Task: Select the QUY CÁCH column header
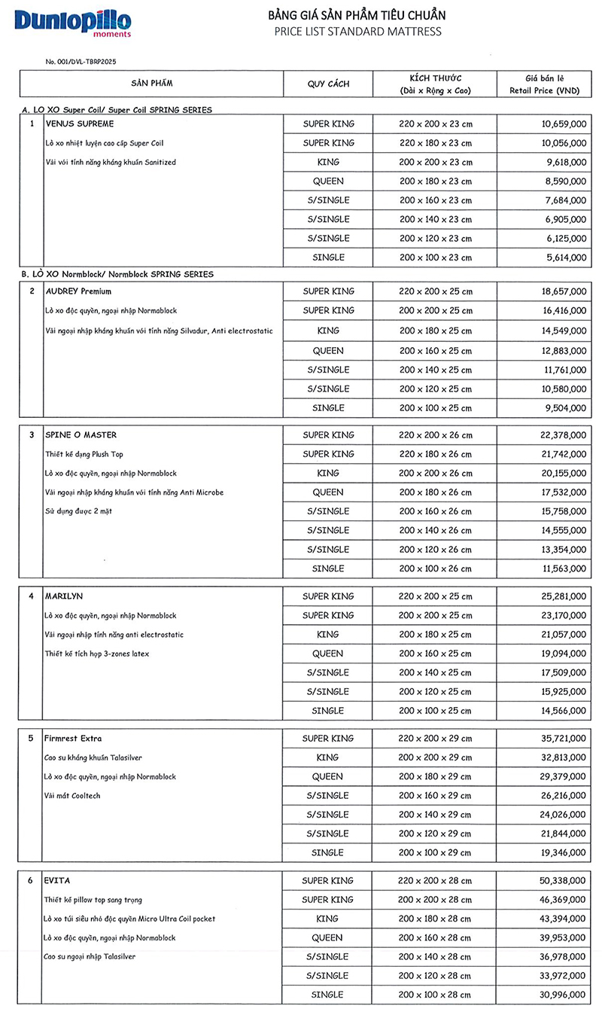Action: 328,84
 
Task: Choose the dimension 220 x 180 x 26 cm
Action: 436,454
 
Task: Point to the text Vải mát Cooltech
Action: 72,796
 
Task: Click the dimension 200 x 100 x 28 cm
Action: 436,995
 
